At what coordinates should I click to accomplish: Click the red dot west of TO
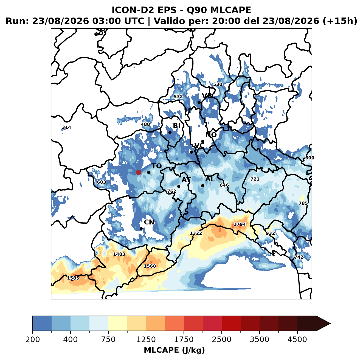139,172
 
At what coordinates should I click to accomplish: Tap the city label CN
149,222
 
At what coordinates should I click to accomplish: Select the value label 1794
240,224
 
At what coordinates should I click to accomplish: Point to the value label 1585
73,278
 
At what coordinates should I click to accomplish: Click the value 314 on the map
66,127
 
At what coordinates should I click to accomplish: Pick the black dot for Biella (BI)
170,132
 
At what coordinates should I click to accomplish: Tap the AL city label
210,179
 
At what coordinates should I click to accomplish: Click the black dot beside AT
179,186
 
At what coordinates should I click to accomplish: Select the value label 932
270,233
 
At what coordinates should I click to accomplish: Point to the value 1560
150,266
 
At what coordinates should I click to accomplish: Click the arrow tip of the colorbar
330,324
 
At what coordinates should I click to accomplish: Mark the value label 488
145,124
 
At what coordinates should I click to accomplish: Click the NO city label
211,135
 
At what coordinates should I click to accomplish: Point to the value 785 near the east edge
303,203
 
